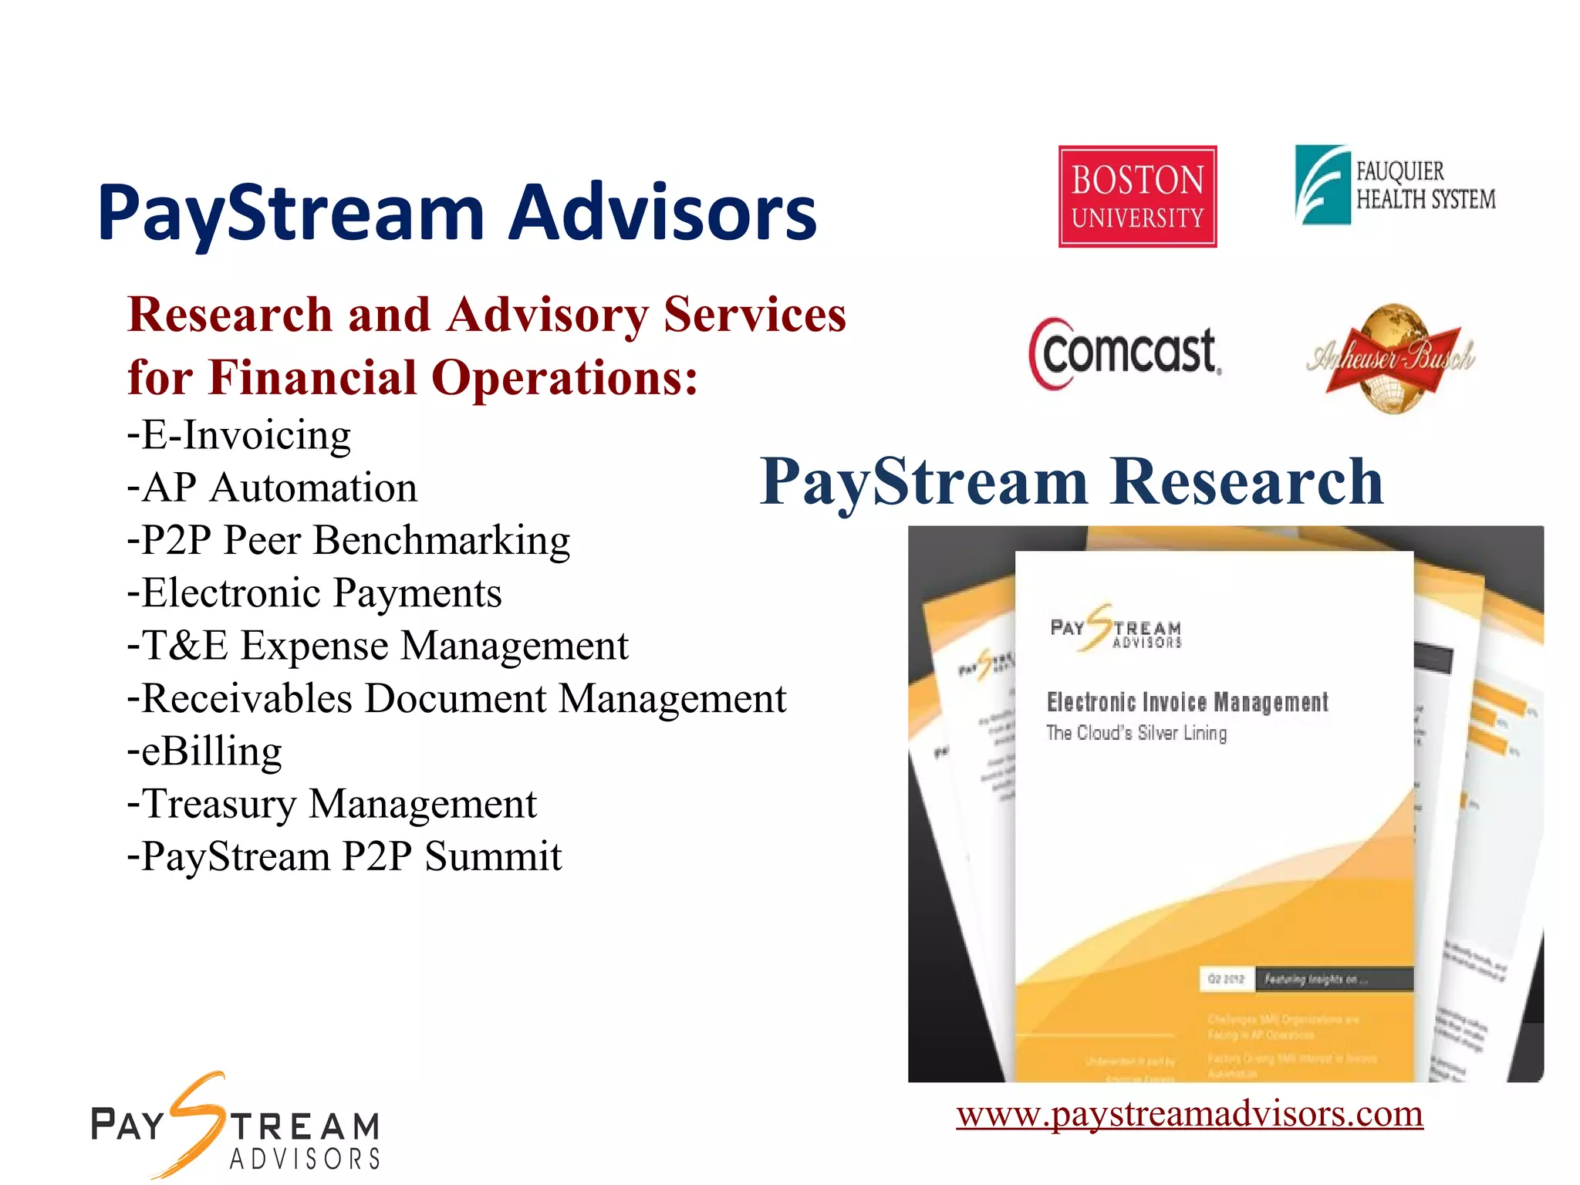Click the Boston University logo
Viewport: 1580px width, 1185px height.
click(x=1137, y=197)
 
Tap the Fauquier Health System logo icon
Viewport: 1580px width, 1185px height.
click(x=1322, y=185)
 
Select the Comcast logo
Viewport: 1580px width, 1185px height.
click(x=1126, y=353)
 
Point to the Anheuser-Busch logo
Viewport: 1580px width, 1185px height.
click(x=1391, y=358)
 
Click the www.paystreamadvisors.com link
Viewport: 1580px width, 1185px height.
click(x=1190, y=1113)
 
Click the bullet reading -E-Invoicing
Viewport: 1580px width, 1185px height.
click(x=239, y=436)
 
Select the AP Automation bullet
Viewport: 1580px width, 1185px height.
click(x=272, y=488)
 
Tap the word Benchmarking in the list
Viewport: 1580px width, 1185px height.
click(x=442, y=541)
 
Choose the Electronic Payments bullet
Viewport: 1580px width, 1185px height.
click(x=315, y=593)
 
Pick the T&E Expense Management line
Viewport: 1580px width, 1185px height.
click(x=378, y=646)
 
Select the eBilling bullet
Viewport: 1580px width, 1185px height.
click(x=205, y=751)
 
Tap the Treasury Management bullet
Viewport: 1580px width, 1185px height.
click(x=333, y=804)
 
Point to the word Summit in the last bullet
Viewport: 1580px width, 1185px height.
click(x=493, y=857)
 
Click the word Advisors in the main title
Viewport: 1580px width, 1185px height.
click(x=663, y=212)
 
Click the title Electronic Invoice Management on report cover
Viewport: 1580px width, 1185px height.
click(x=1187, y=702)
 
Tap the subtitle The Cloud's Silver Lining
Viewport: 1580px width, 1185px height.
click(x=1136, y=733)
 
